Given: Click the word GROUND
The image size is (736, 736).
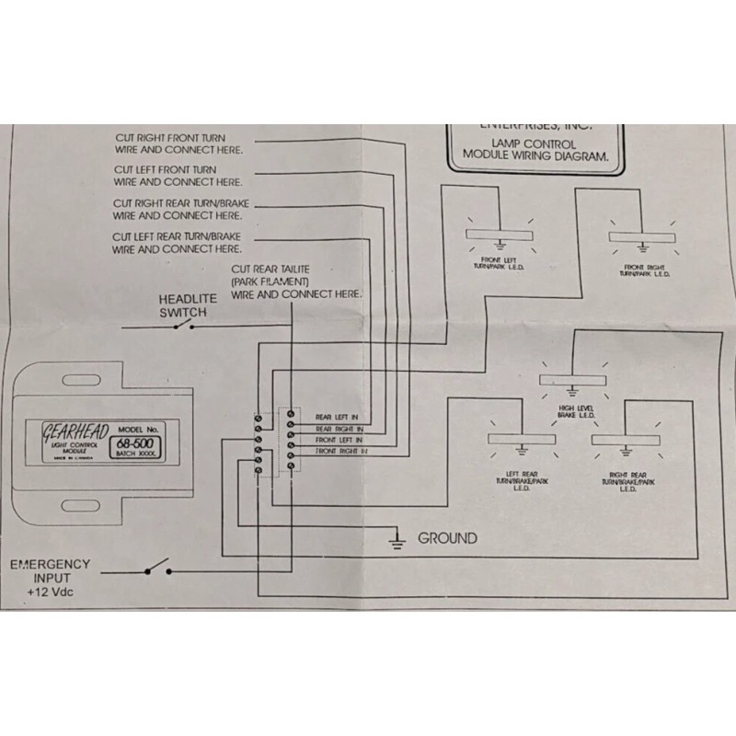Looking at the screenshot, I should tap(447, 538).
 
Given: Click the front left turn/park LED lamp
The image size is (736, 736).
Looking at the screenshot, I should tap(501, 235).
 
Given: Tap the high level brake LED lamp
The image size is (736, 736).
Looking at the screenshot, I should tap(571, 380).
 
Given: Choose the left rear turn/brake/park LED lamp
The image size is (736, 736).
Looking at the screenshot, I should tap(522, 440).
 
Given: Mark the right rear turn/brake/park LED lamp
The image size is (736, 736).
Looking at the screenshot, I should tap(627, 440).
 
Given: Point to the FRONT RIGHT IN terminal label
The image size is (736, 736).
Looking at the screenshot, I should tap(341, 453).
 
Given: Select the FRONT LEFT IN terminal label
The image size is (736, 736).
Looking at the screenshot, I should tap(339, 441).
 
